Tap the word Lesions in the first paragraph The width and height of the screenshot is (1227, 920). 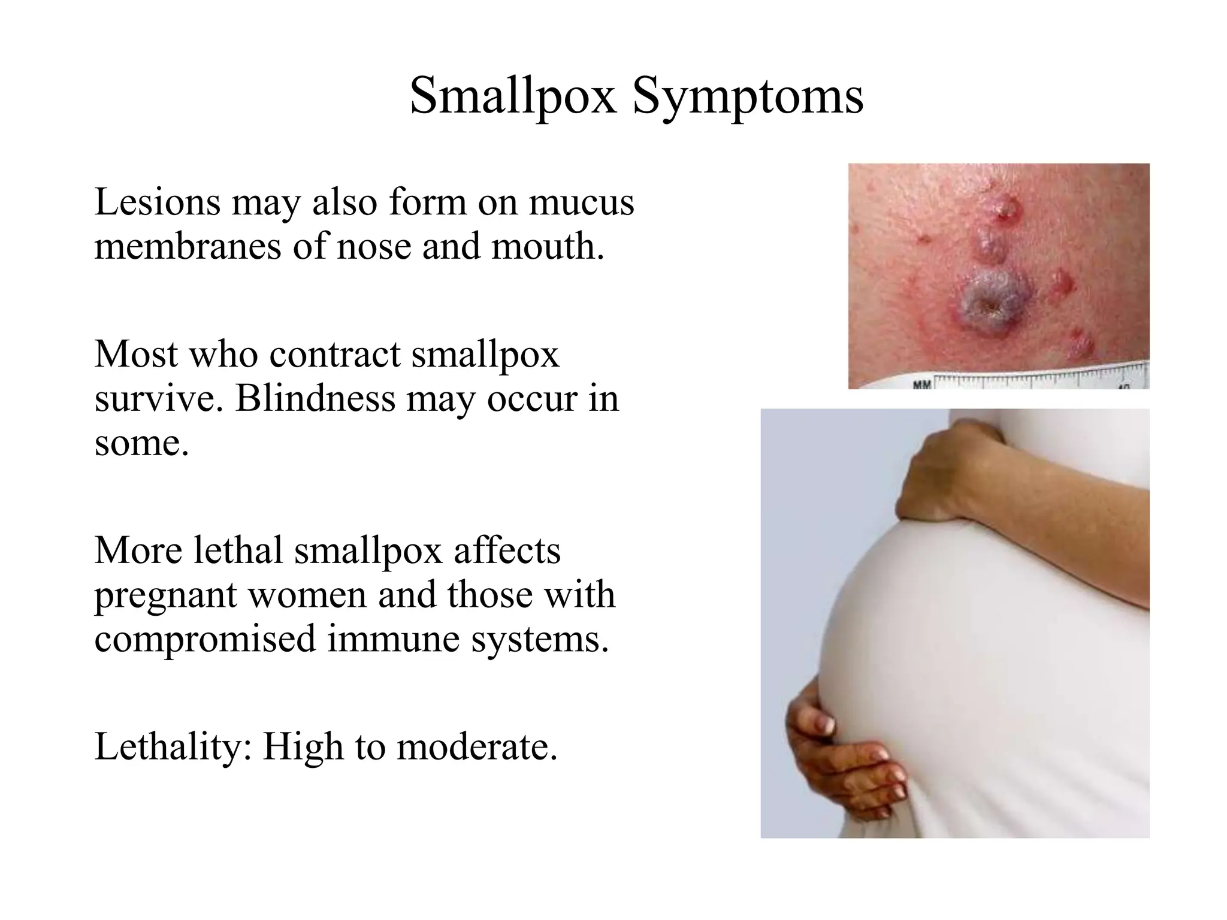[x=157, y=202]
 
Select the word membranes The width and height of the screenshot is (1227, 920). [x=188, y=247]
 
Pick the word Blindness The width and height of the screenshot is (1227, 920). [x=315, y=399]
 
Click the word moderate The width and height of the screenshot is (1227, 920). [x=477, y=747]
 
